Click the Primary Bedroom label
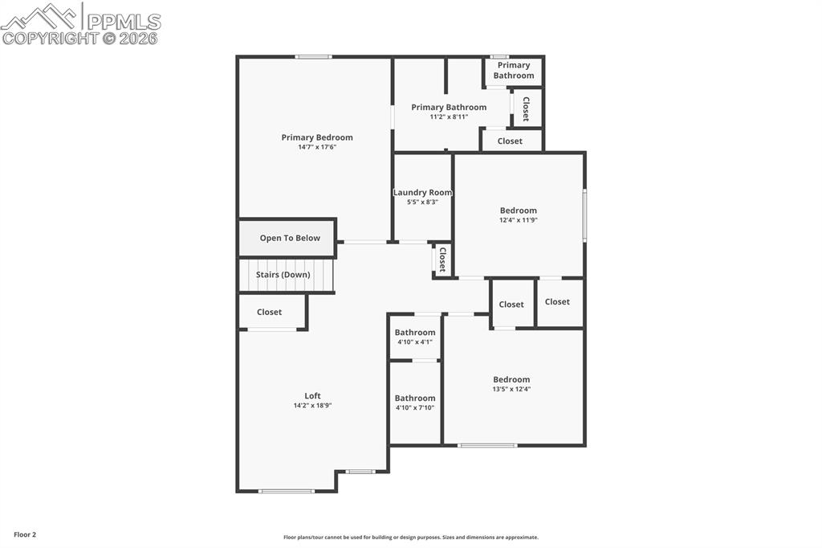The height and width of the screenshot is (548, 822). tap(316, 137)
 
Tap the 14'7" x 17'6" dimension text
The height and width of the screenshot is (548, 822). tap(316, 147)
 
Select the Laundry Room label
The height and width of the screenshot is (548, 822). tap(422, 193)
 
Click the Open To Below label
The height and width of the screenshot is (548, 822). tap(289, 238)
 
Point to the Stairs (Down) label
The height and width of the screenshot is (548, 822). tap(283, 275)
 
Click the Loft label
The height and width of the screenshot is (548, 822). tap(312, 395)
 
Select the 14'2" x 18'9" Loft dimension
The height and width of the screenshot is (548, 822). tap(312, 406)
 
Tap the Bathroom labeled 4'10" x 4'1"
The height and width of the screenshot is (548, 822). tap(415, 333)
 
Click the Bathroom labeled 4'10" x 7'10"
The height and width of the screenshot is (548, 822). tap(415, 399)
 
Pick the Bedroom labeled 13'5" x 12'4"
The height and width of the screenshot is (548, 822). tap(511, 379)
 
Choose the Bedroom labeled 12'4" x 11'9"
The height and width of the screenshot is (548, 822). tap(518, 211)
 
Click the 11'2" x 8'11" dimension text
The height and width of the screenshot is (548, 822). tap(449, 117)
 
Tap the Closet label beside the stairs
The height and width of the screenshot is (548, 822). tap(269, 312)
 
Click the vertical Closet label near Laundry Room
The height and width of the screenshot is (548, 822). tap(442, 260)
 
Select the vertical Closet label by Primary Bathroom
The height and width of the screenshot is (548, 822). tap(526, 108)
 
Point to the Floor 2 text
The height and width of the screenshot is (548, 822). tap(24, 534)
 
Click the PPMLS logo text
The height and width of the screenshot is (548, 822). tap(122, 22)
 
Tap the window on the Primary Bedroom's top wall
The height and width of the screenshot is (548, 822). tap(313, 56)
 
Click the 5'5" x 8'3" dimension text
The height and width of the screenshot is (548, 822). tap(422, 202)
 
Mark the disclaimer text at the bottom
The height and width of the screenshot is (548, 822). tap(410, 538)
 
